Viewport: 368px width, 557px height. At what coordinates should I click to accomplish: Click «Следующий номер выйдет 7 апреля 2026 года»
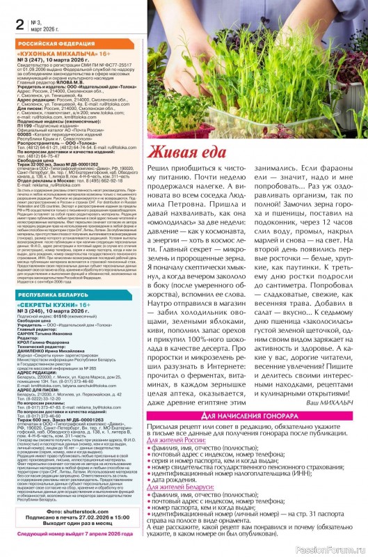(x=72, y=551)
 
